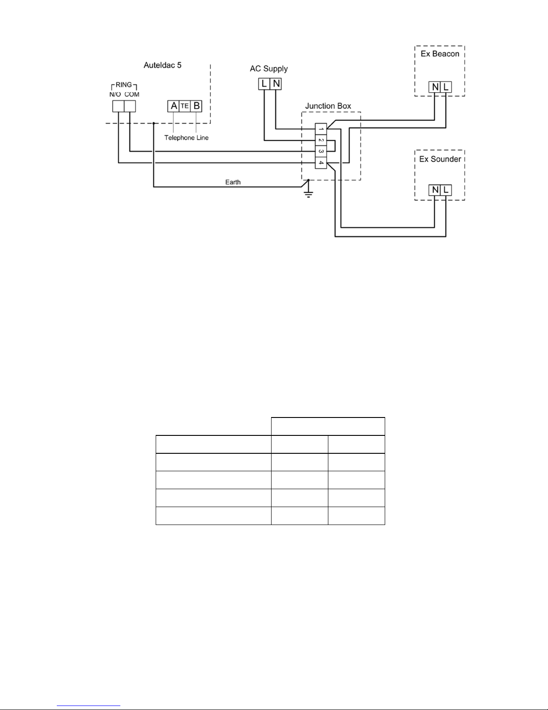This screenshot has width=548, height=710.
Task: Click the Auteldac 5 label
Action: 162,65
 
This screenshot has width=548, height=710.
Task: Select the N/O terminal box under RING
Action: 118,106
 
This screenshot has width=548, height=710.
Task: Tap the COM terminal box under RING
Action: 129,106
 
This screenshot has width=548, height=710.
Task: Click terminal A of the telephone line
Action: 174,106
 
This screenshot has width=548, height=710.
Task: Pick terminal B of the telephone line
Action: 196,106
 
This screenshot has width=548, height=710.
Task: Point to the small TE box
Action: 185,106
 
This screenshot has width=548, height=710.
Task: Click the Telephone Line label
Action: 186,138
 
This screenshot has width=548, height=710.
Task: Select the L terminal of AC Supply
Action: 264,84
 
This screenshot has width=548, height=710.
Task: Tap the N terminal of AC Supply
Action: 276,84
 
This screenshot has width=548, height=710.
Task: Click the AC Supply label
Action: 269,69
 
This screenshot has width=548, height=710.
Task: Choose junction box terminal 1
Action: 321,129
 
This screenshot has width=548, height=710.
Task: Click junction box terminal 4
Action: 321,163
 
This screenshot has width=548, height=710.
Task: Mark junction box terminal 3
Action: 321,152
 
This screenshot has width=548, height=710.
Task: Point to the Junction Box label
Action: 328,106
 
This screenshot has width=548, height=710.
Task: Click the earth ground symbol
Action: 308,192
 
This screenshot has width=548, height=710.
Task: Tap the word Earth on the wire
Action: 233,182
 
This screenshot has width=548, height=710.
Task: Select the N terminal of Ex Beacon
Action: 434,87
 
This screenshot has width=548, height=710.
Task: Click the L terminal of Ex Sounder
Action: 446,190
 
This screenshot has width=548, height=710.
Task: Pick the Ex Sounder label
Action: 440,159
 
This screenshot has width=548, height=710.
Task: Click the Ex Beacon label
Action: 440,54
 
